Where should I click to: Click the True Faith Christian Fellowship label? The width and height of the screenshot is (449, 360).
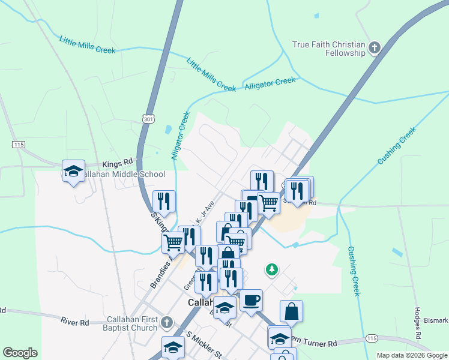click(x=329, y=49)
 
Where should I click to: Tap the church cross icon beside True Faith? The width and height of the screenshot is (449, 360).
click(x=375, y=48)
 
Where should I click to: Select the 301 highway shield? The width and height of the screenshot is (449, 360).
click(x=149, y=119)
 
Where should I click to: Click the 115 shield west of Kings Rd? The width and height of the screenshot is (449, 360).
click(x=17, y=145)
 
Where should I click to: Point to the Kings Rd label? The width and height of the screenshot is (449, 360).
click(x=117, y=163)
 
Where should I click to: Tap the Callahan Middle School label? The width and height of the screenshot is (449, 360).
click(x=122, y=175)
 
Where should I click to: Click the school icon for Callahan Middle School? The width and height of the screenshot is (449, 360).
click(x=73, y=172)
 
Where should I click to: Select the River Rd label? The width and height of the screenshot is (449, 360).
click(x=74, y=322)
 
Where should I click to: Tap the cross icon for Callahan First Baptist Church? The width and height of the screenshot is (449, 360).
click(x=167, y=324)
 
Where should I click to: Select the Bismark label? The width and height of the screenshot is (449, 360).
click(x=437, y=320)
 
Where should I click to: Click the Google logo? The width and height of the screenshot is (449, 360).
click(x=20, y=353)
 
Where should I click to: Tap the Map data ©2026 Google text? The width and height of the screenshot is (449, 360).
click(x=412, y=355)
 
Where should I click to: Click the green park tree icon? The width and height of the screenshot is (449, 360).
click(x=272, y=269)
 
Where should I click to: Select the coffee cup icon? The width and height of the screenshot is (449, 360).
click(x=251, y=299)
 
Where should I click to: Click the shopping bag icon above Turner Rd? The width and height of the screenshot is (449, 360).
click(x=291, y=311)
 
